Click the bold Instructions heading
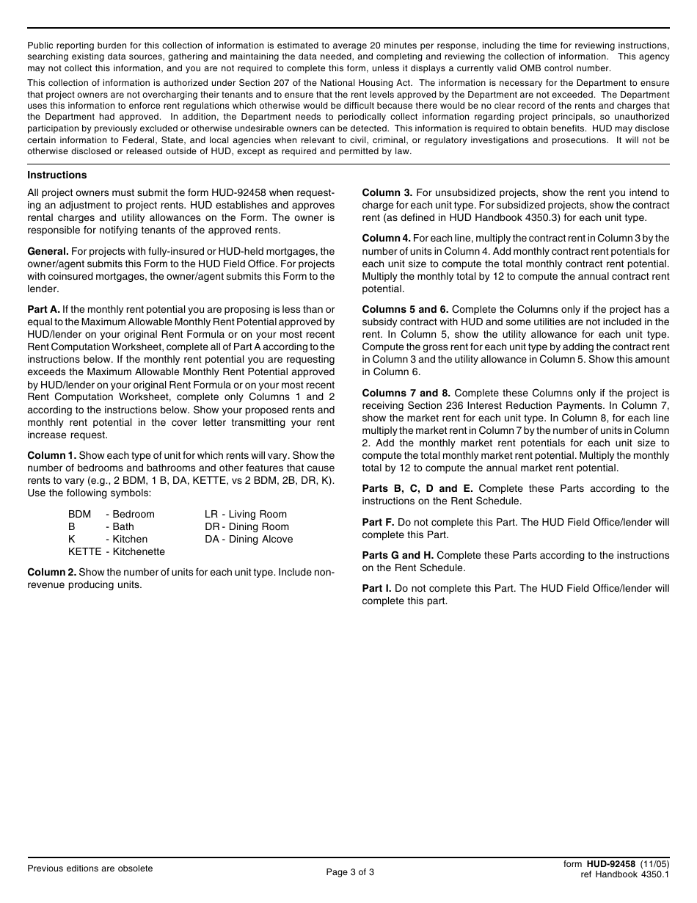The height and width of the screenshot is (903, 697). [x=57, y=175]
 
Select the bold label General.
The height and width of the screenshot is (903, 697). [x=48, y=251]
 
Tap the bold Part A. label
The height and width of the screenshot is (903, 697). [x=43, y=309]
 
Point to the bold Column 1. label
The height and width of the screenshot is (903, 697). [x=51, y=455]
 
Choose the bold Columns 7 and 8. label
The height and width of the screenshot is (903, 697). [x=406, y=393]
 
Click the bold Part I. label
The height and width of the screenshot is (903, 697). [x=376, y=588]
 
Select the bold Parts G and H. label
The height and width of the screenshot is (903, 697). [x=397, y=555]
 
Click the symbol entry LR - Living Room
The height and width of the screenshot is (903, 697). [x=246, y=515]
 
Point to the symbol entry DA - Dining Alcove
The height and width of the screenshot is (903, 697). [x=249, y=540]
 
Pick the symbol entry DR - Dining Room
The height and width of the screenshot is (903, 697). [x=247, y=527]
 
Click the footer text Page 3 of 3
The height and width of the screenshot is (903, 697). [x=350, y=873]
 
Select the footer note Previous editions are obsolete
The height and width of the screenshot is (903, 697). [x=90, y=868]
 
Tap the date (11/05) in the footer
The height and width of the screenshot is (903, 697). [x=654, y=864]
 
